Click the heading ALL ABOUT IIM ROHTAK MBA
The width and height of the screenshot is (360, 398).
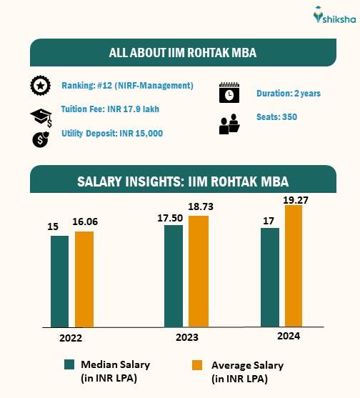tap(183, 52)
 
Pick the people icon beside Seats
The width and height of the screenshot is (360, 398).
tap(229, 124)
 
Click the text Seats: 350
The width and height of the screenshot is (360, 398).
tap(276, 116)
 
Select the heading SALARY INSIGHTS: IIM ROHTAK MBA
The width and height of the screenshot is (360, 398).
tap(183, 180)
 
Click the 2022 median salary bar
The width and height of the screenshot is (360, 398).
tap(59, 280)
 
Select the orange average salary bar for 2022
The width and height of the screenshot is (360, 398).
tap(84, 278)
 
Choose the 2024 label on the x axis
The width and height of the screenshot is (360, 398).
tap(289, 335)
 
